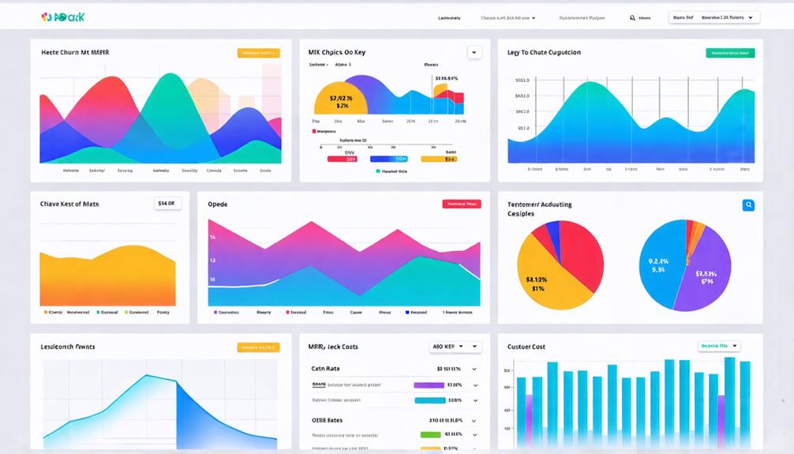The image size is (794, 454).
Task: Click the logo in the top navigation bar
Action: click(62, 17)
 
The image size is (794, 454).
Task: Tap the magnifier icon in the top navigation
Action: click(632, 17)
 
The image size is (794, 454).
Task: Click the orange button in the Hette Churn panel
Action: click(258, 53)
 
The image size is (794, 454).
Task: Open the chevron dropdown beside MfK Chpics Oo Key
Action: click(474, 53)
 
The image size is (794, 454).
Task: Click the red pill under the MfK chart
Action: click(342, 159)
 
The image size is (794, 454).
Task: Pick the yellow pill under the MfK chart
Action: click(438, 159)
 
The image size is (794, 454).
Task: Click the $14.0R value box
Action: click(167, 204)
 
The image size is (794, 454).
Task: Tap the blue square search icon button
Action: click(747, 205)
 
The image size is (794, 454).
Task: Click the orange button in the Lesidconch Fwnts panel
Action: click(258, 347)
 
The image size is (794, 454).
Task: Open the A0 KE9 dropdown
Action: click(455, 347)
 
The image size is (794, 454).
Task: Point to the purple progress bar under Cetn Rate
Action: click(429, 385)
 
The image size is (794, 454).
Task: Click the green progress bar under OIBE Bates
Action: click(430, 434)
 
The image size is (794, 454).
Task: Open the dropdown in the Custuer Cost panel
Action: click(719, 346)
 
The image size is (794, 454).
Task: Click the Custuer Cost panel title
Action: click(526, 347)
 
